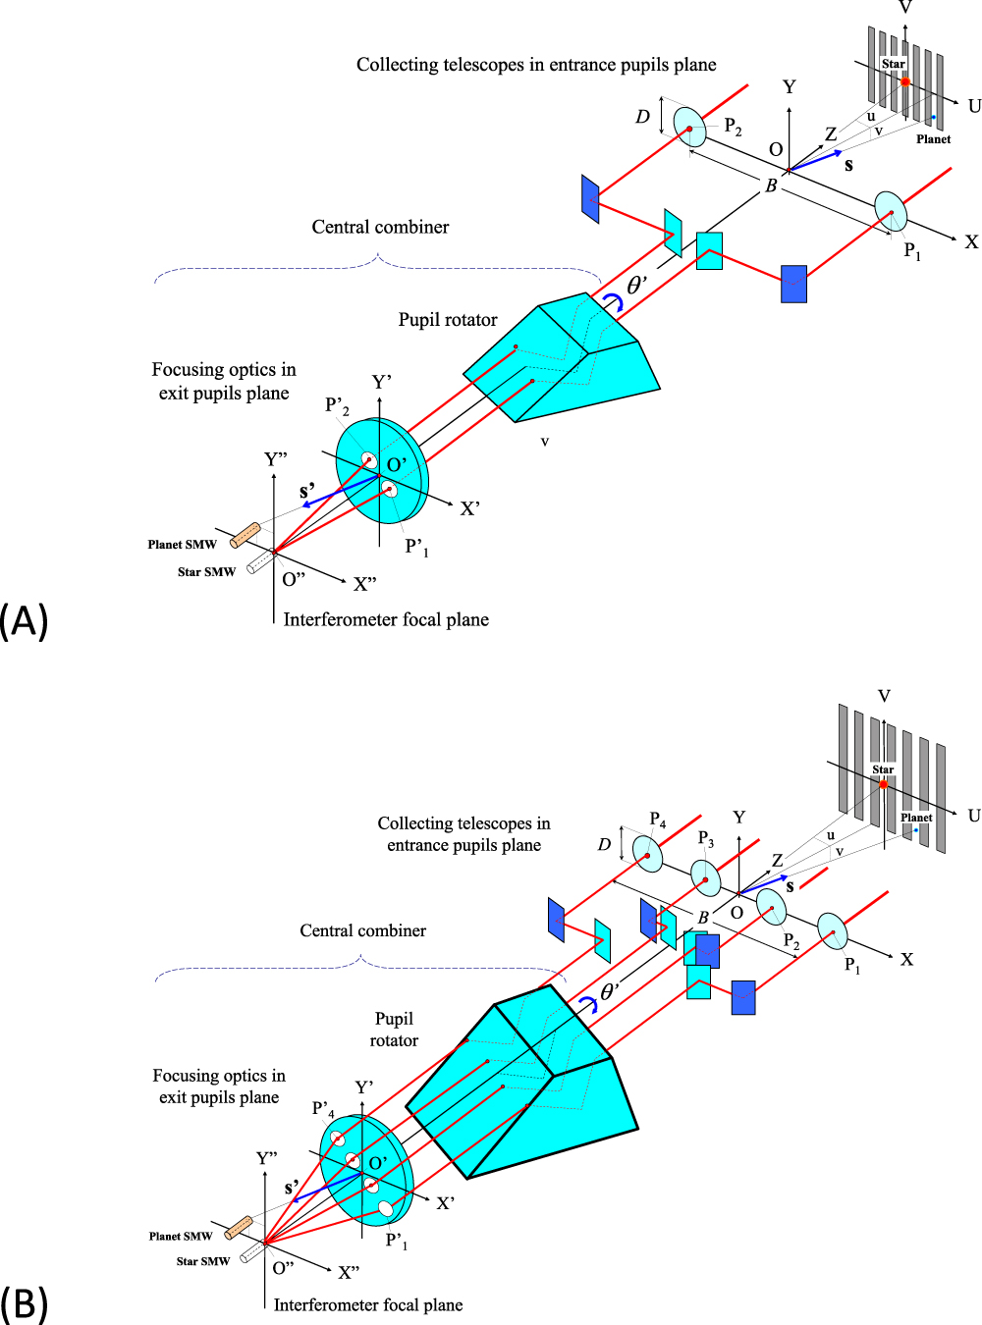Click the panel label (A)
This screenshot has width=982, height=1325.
[24, 621]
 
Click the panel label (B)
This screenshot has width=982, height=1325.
[24, 1303]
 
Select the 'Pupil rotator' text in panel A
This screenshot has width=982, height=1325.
[447, 320]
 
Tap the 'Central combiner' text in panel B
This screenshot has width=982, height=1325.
[362, 930]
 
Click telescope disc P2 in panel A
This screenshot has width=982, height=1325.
[689, 128]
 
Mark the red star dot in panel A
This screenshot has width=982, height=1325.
[905, 82]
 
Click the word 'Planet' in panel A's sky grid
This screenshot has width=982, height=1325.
[933, 139]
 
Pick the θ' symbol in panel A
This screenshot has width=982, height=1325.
[636, 286]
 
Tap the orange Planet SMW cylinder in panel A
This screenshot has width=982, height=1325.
[245, 535]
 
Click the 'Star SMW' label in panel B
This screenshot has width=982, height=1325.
[202, 1261]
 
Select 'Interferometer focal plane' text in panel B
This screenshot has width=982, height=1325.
[368, 1304]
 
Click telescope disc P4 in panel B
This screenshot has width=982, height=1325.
[647, 855]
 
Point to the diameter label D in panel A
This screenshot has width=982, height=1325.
[642, 117]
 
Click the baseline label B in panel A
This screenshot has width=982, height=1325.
[771, 185]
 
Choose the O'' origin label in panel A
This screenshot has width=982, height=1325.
[294, 580]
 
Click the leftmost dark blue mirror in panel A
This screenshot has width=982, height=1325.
[589, 198]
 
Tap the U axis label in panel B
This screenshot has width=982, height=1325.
[973, 816]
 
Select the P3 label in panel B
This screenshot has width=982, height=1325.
[705, 839]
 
